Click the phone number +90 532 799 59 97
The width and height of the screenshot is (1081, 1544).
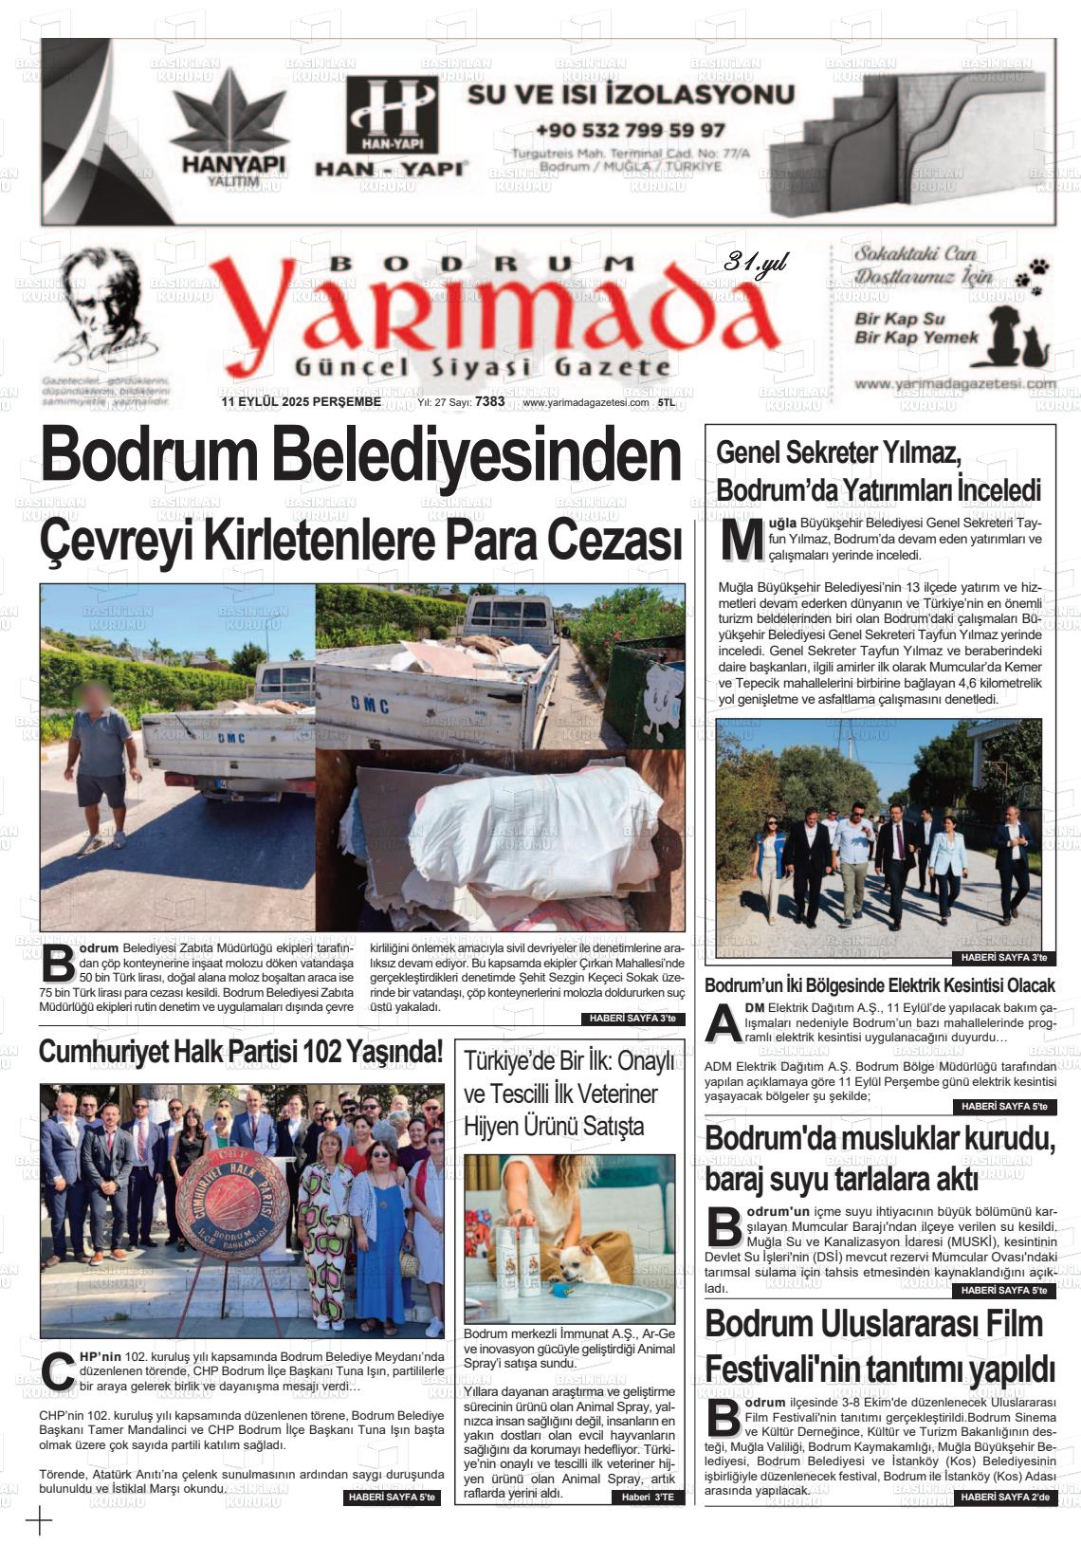(x=630, y=130)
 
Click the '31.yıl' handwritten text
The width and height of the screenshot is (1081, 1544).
(x=755, y=263)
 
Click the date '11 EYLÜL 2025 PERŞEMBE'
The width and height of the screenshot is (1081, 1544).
(x=301, y=401)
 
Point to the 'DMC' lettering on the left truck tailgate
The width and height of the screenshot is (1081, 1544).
(x=231, y=737)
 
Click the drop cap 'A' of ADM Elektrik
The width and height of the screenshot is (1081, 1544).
(x=724, y=1023)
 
